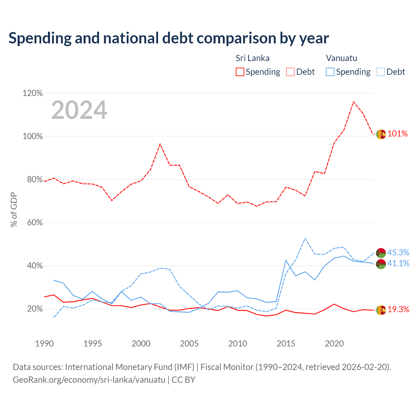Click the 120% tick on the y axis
33,93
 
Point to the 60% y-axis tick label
35,223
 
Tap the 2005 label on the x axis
189,344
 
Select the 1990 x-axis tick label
44,344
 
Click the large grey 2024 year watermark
79,110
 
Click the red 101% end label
397,134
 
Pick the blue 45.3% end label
398,252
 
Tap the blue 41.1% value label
398,263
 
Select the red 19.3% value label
398,309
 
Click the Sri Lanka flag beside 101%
381,134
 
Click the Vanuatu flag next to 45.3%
381,253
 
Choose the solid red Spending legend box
240,72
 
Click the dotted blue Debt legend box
381,72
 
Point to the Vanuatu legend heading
342,58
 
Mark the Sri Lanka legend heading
252,58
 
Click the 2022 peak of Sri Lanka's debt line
354,102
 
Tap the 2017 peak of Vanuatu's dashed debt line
305,238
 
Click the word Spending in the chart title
40,39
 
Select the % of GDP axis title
14,210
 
